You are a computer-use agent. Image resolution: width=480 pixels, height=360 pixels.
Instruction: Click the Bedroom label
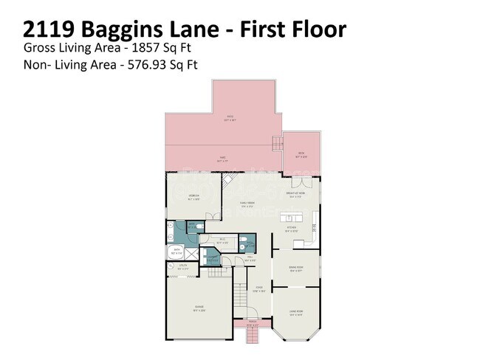[x=195, y=197]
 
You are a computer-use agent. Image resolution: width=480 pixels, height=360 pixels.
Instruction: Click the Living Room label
[x=296, y=312]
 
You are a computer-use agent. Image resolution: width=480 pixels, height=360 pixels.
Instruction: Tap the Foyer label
[x=259, y=288]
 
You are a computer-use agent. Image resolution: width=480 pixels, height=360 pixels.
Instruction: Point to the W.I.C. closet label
[x=222, y=240]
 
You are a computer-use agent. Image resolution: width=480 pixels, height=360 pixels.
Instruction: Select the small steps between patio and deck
[x=277, y=142]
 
